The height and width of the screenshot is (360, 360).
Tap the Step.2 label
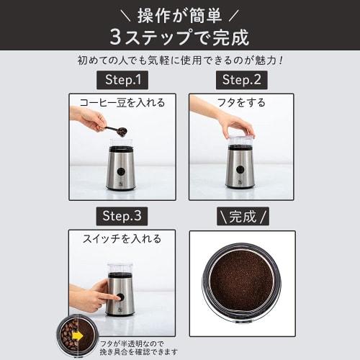tap(242, 79)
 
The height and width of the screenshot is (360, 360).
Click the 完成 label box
tap(242, 215)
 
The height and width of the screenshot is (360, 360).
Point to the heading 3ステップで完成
tap(180, 36)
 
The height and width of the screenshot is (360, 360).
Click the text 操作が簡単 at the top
tap(180, 13)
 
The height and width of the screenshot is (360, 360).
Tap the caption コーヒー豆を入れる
tap(122, 102)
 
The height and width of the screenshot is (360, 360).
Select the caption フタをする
tap(242, 102)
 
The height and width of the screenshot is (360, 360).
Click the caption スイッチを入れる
tap(122, 238)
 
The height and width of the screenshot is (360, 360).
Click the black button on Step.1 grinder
tap(120, 171)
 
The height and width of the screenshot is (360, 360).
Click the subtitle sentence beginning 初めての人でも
tap(180, 60)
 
